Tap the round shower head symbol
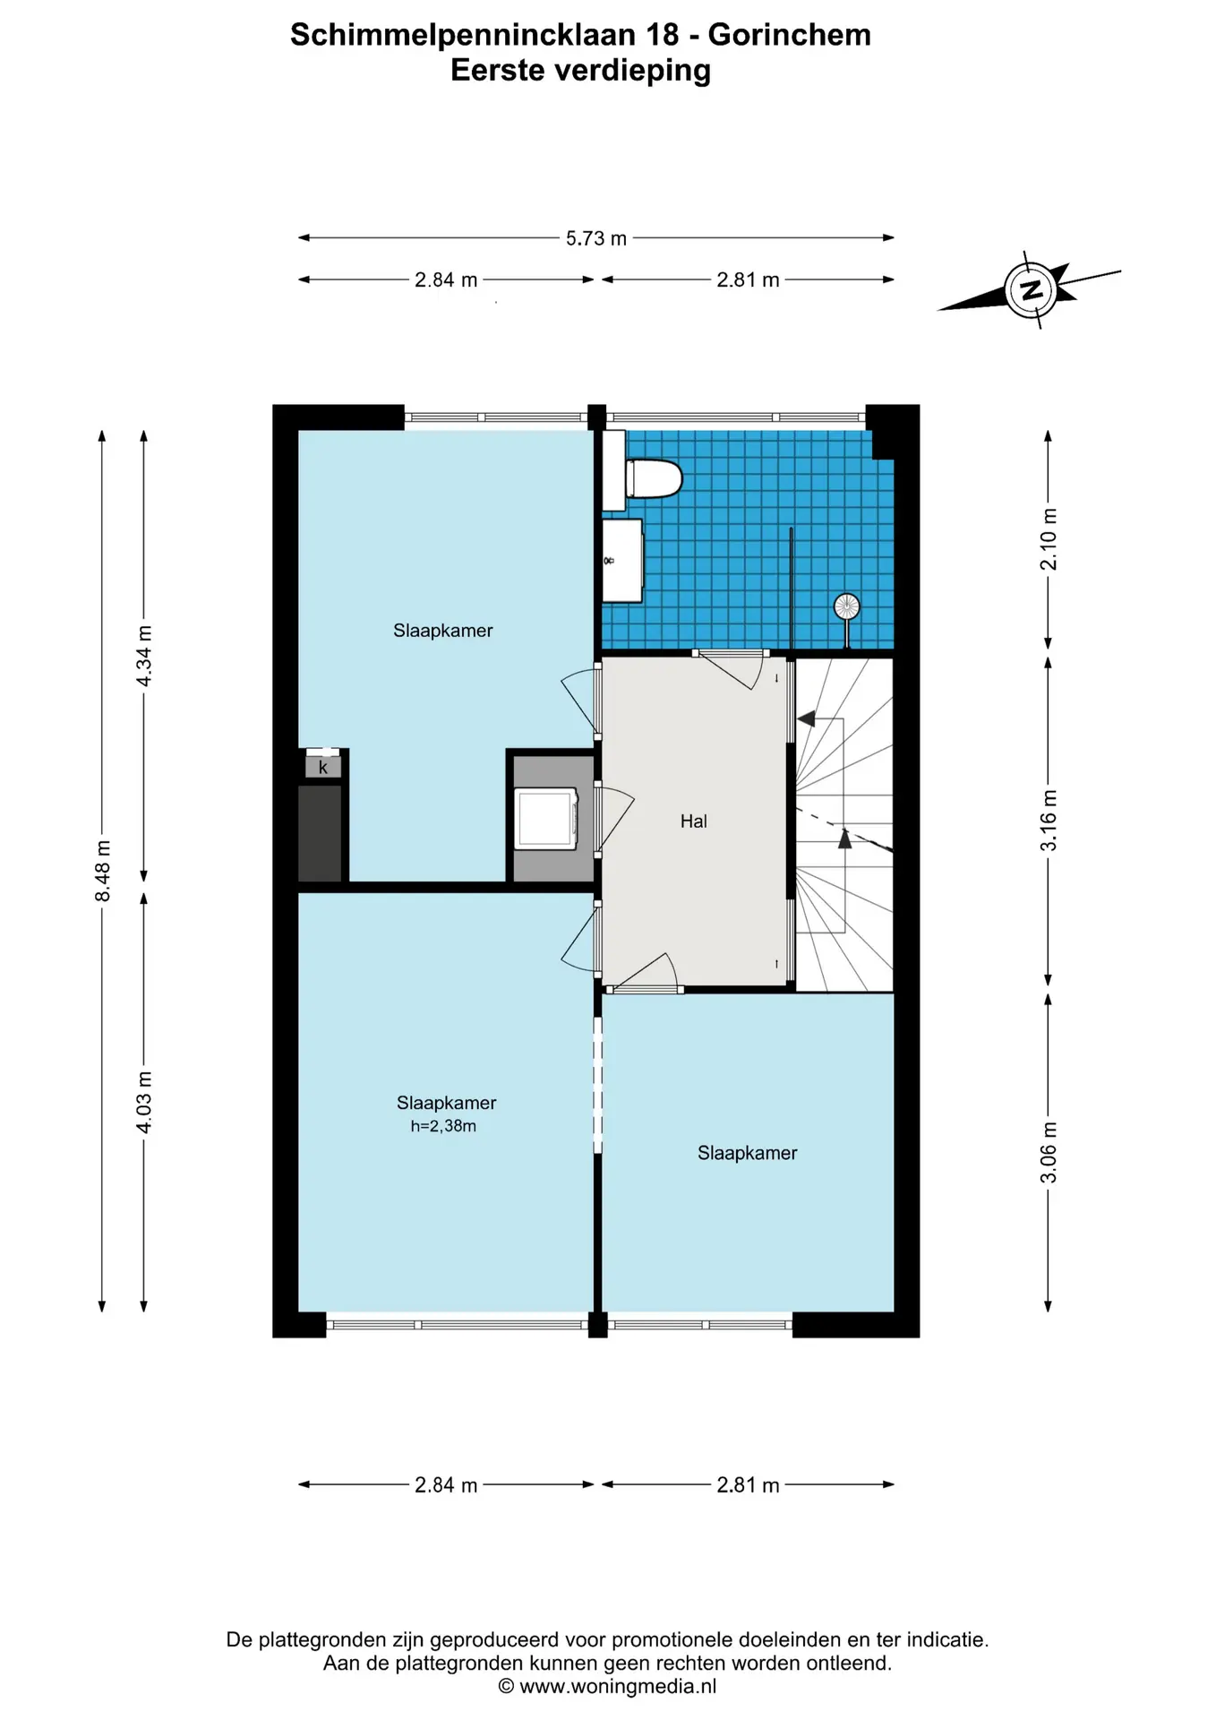(846, 607)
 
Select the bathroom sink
(622, 561)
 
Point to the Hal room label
(694, 821)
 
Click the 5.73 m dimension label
(596, 238)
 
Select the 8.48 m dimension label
(103, 872)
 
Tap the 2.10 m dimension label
(1049, 539)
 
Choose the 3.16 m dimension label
(1049, 821)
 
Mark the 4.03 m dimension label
(144, 1102)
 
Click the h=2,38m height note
(443, 1126)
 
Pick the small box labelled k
(323, 768)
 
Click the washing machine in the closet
(547, 818)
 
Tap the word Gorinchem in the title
(789, 35)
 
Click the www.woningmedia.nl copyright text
(607, 1687)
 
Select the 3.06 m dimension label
(1049, 1152)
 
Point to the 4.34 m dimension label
(144, 656)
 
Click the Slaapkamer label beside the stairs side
(747, 1153)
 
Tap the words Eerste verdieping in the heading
(580, 71)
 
